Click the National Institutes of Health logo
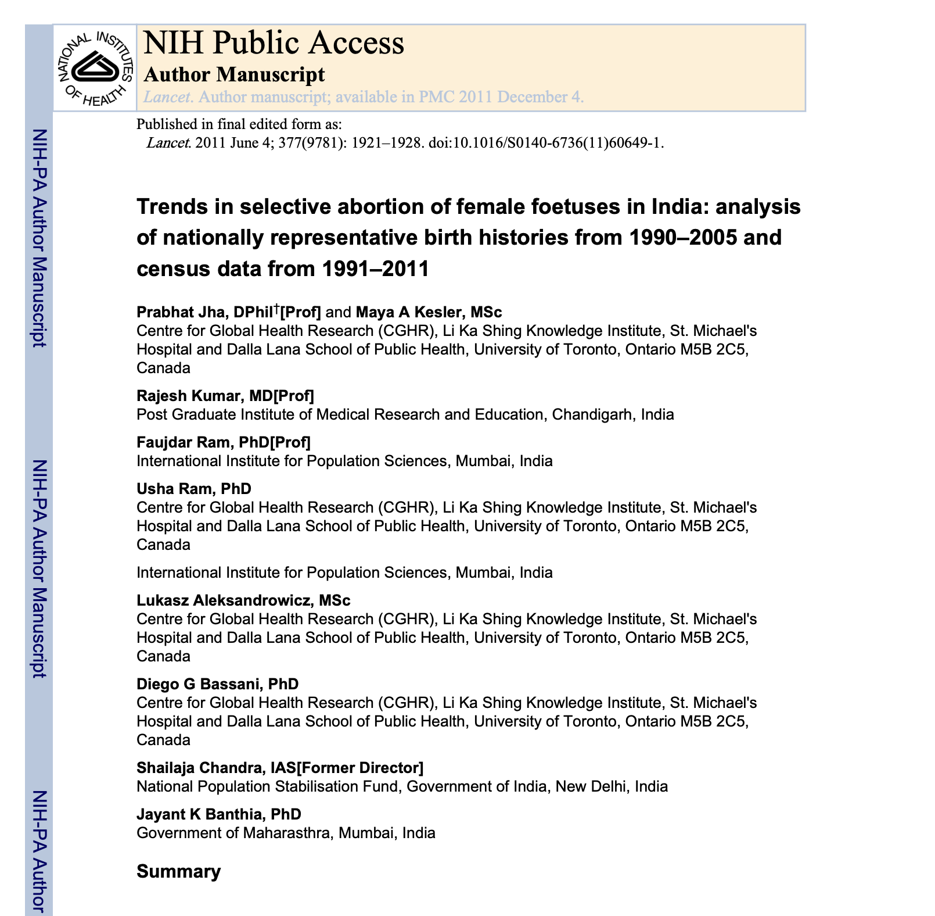pos(95,68)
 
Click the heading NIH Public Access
pos(273,43)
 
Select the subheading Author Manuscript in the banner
pos(233,74)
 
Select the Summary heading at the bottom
pos(178,871)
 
